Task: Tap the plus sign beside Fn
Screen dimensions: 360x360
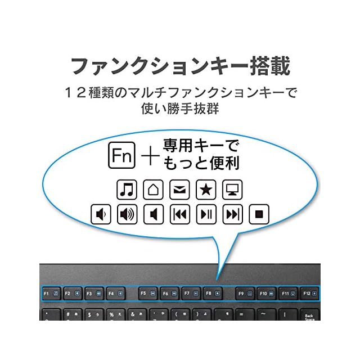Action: tap(149, 155)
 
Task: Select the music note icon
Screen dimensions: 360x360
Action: tap(127, 190)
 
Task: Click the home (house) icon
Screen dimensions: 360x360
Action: tap(153, 190)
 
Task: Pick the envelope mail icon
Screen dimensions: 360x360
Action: tap(179, 190)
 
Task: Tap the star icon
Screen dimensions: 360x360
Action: tap(206, 190)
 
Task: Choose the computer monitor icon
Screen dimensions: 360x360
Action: tap(232, 190)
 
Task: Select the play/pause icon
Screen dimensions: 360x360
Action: tap(206, 214)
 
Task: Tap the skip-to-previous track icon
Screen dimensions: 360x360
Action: tap(180, 214)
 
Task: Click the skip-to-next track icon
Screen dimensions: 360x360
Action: tap(233, 214)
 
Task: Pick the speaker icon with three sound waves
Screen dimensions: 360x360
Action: tap(127, 214)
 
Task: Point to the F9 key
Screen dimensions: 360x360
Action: tap(244, 293)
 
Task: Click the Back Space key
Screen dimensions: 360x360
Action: tap(309, 316)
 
